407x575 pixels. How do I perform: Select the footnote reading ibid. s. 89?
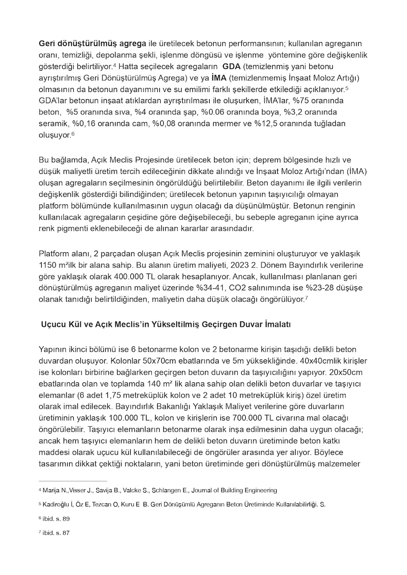[57, 518]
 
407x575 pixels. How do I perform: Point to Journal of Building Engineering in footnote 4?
[239, 490]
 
